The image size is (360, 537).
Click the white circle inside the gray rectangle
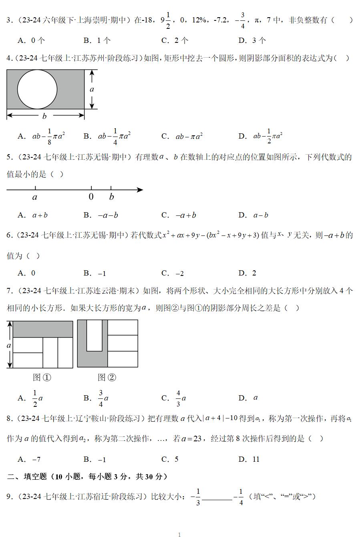pos(37,89)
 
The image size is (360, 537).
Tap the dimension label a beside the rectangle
pos(92,89)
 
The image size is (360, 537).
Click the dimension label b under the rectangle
pos(44,116)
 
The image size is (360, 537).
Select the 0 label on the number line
pos(91,197)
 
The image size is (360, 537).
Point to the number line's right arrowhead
pos(140,190)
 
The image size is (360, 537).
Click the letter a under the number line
pos(35,197)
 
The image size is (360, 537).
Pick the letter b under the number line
pos(111,197)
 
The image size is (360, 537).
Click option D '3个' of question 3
pos(252,40)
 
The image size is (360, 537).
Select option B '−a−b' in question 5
pos(101,215)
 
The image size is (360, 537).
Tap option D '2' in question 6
pos(248,273)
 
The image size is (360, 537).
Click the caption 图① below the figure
pos(42,377)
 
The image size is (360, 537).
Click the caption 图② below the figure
pos(107,377)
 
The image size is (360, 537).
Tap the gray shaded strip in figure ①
pos(42,329)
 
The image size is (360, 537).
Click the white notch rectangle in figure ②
pos(95,335)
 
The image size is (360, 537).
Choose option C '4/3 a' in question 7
pos(175,398)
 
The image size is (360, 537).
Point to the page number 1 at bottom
pos(179,534)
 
